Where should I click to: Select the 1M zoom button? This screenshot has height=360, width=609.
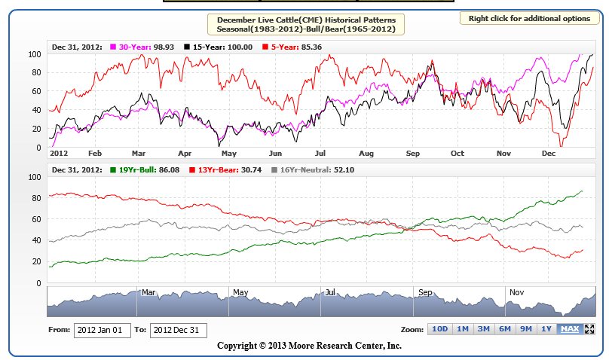463,329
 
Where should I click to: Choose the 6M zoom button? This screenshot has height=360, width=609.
505,329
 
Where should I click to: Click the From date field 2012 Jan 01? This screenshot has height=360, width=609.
102,330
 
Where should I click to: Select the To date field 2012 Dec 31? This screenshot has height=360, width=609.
179,330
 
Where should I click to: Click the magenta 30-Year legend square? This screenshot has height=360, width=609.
113,47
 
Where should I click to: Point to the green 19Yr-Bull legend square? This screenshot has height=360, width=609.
113,170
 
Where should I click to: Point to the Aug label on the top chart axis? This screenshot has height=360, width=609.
366,153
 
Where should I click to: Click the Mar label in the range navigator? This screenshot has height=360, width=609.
148,291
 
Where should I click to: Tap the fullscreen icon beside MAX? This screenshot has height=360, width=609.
589,329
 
